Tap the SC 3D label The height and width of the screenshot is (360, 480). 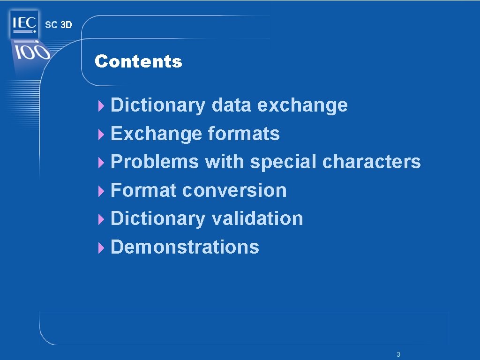pyautogui.click(x=59, y=25)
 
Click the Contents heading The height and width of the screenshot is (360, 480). pyautogui.click(x=138, y=61)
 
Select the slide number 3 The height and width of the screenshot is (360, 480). pyautogui.click(x=398, y=354)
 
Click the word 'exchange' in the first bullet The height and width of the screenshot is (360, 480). pyautogui.click(x=302, y=105)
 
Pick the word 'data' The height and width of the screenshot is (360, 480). pyautogui.click(x=232, y=105)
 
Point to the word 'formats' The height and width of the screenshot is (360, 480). pyautogui.click(x=244, y=134)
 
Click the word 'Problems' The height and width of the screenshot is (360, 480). pyautogui.click(x=155, y=162)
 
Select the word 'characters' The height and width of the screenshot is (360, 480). pyautogui.click(x=372, y=162)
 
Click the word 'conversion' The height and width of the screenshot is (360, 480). pyautogui.click(x=234, y=191)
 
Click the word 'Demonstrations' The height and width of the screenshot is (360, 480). pyautogui.click(x=185, y=247)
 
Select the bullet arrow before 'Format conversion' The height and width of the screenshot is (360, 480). pyautogui.click(x=100, y=191)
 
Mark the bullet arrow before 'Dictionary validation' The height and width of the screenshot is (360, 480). pyautogui.click(x=100, y=219)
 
